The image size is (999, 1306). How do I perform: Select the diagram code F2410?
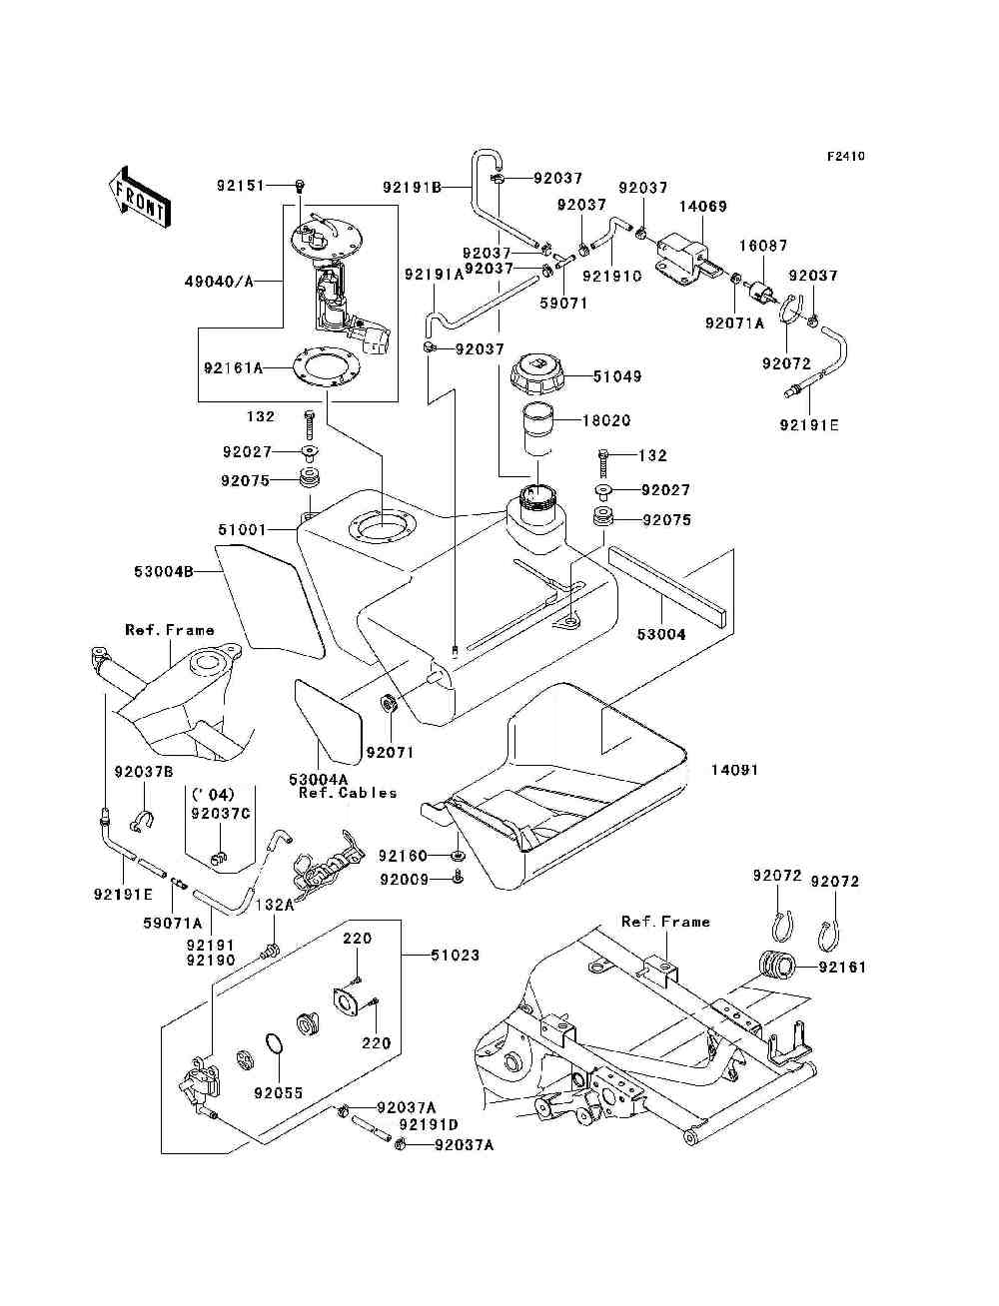pyautogui.click(x=845, y=157)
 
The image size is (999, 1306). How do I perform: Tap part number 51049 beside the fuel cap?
pyautogui.click(x=617, y=376)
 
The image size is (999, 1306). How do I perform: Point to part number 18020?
pyautogui.click(x=606, y=420)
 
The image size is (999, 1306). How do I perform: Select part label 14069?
pyautogui.click(x=703, y=207)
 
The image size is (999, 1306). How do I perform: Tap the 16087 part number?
pyautogui.click(x=763, y=246)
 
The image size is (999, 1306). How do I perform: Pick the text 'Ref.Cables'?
pyautogui.click(x=348, y=793)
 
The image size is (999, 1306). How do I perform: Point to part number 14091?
pyautogui.click(x=735, y=770)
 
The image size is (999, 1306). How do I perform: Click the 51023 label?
pyautogui.click(x=456, y=956)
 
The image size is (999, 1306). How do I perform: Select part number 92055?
pyautogui.click(x=278, y=1093)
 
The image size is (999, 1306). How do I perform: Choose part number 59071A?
pyautogui.click(x=172, y=923)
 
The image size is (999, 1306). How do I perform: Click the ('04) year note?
pyautogui.click(x=213, y=795)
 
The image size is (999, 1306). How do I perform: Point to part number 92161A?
pyautogui.click(x=233, y=367)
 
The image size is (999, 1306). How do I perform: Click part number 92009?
pyautogui.click(x=404, y=880)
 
